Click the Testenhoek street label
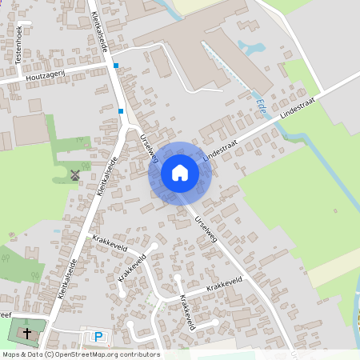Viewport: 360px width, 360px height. tap(17, 37)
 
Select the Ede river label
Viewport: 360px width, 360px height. tap(261, 103)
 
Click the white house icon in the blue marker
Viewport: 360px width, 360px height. tap(179, 173)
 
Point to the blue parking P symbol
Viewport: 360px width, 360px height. tap(99, 338)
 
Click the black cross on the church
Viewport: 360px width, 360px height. tap(28, 332)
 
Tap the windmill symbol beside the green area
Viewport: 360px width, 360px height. tap(75, 174)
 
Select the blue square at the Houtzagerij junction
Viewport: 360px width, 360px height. tap(116, 66)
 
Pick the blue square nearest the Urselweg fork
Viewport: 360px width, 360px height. tap(121, 111)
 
